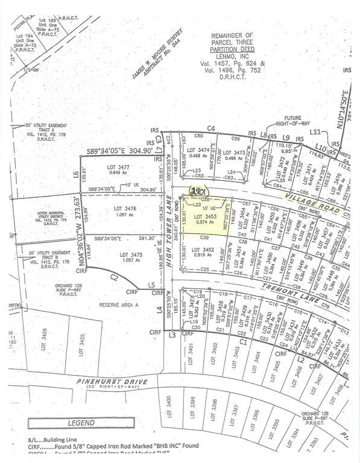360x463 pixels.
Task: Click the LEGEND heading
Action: [x=81, y=423]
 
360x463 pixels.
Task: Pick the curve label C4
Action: [x=211, y=128]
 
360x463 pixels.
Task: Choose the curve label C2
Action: [x=112, y=277]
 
